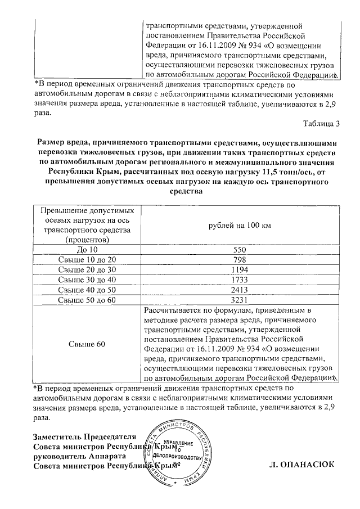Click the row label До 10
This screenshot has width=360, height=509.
pos(87,249)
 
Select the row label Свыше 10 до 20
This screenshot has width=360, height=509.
pos(87,259)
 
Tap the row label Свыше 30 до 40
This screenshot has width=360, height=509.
pos(87,280)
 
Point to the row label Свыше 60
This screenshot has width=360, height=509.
pos(87,344)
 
